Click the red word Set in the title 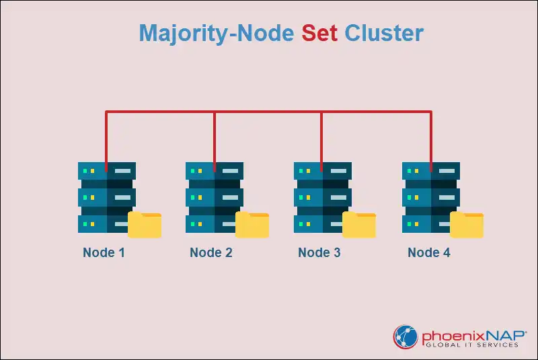click(x=319, y=33)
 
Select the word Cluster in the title click(x=384, y=33)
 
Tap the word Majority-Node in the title click(x=217, y=34)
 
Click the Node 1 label click(x=104, y=253)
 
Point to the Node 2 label click(x=211, y=253)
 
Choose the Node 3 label click(x=319, y=253)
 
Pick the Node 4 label click(x=429, y=253)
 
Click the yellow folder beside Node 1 click(x=145, y=225)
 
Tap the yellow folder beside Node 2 click(x=252, y=225)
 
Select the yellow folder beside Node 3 click(x=359, y=225)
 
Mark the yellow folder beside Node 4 click(x=467, y=225)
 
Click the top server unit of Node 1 click(x=106, y=171)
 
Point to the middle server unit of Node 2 click(x=214, y=197)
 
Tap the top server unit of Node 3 click(x=322, y=171)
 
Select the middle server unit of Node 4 click(x=430, y=197)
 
